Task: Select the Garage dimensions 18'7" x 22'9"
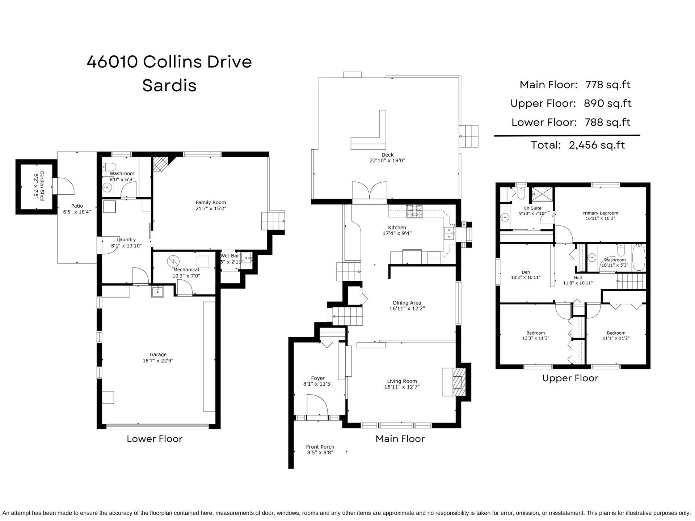(158, 360)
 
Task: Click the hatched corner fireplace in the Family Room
(161, 164)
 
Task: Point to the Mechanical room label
(186, 270)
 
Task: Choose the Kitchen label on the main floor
(397, 228)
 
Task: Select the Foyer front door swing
(317, 405)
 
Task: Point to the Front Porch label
(320, 447)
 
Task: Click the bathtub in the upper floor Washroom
(639, 258)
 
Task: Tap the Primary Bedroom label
(600, 213)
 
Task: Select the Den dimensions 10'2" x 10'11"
(526, 278)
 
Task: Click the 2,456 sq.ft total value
(597, 145)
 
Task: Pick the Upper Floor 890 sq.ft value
(608, 103)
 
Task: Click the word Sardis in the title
(169, 85)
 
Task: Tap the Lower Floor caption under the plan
(155, 439)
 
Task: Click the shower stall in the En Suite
(542, 196)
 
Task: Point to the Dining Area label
(407, 303)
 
